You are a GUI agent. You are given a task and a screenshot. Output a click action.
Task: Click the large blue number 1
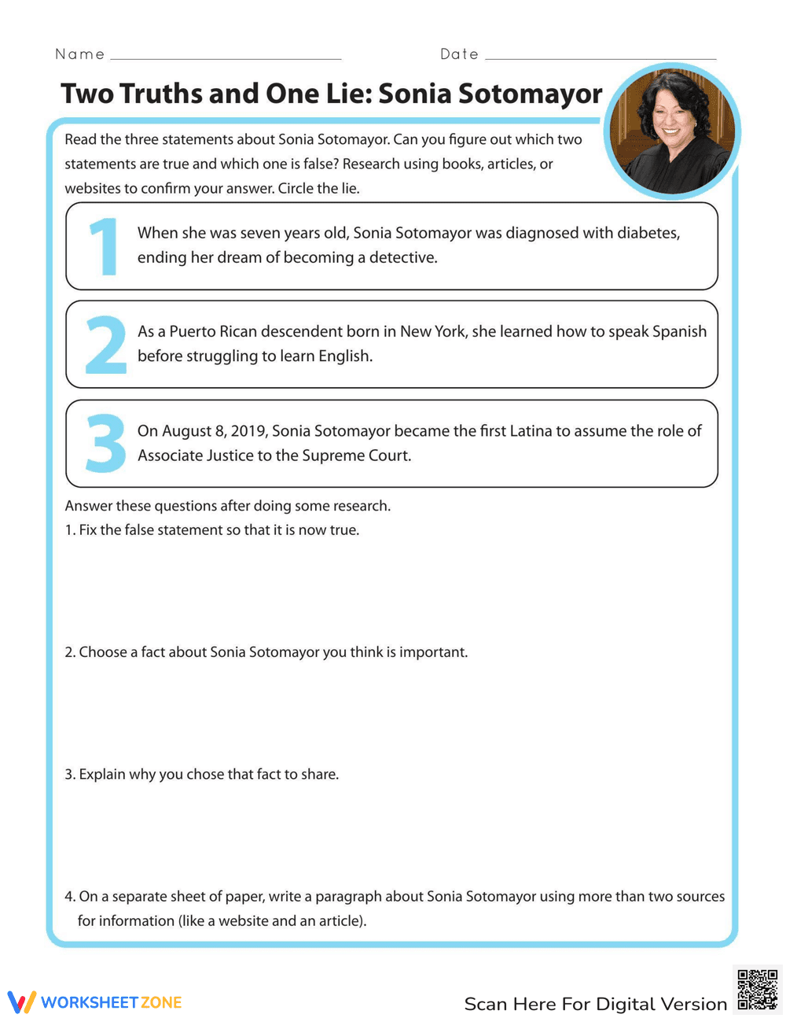tap(104, 247)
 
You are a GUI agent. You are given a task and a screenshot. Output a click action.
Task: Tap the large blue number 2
tap(105, 345)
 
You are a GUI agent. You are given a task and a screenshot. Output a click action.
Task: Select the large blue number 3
tap(105, 444)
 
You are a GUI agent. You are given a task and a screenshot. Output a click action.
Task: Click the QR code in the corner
tap(758, 989)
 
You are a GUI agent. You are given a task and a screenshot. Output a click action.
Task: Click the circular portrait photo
tap(672, 131)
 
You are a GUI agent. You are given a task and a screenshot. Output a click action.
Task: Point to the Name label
tap(79, 54)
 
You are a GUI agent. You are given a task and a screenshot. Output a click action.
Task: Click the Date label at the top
tap(459, 54)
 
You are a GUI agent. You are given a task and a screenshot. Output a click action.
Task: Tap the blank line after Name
tap(226, 57)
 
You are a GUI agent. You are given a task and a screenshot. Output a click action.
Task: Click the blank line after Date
tap(601, 57)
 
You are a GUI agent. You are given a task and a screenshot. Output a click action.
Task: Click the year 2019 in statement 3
tap(248, 431)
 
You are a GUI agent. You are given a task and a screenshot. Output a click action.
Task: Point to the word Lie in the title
tap(344, 94)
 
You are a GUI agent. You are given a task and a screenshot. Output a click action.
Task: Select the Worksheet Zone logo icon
tap(22, 1001)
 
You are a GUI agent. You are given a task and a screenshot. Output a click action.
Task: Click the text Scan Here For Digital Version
tap(595, 1004)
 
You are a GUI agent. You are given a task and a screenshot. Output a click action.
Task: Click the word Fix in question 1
tap(88, 530)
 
